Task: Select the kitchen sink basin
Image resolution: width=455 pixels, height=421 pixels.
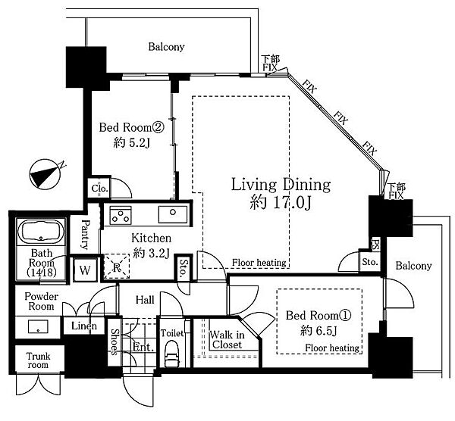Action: click(x=173, y=214)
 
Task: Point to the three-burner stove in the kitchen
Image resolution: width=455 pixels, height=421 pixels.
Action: click(x=121, y=216)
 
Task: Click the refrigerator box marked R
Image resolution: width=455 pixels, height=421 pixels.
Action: click(x=117, y=267)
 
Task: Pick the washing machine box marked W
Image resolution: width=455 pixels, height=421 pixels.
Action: click(x=85, y=270)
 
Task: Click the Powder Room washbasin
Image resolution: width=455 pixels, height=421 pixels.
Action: click(x=38, y=326)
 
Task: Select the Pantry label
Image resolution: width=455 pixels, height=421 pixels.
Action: click(x=85, y=235)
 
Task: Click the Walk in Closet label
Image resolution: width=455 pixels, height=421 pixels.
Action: click(x=227, y=340)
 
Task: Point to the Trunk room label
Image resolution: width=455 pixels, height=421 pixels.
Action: click(x=38, y=360)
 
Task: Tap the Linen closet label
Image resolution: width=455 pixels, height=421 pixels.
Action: click(x=84, y=326)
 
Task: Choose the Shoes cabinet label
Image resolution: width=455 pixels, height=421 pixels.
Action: click(x=115, y=342)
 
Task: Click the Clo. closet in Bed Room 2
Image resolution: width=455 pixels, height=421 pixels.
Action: click(x=99, y=189)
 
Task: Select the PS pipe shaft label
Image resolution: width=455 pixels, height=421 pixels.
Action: click(x=375, y=244)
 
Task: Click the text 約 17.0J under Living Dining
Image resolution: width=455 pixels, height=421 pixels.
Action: click(x=281, y=202)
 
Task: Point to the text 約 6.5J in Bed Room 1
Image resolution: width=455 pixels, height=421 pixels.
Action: click(x=318, y=330)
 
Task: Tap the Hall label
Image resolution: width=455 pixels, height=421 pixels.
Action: click(x=145, y=300)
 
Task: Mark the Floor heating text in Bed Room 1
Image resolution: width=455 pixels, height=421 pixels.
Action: click(x=332, y=348)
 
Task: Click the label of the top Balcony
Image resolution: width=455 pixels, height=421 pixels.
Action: click(x=166, y=47)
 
